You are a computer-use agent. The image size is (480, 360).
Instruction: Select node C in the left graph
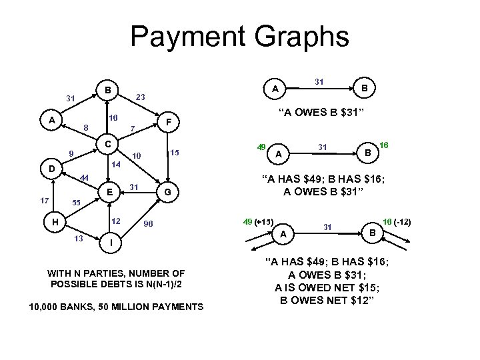tap(105, 144)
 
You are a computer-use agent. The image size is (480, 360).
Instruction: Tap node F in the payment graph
tap(170, 122)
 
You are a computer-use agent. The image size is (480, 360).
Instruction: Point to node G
tap(169, 193)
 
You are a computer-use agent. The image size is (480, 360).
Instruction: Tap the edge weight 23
tap(141, 97)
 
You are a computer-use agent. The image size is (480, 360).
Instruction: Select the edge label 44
tap(84, 177)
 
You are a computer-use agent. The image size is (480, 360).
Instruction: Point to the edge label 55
tap(76, 202)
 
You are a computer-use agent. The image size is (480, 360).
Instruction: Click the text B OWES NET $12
tap(330, 299)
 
